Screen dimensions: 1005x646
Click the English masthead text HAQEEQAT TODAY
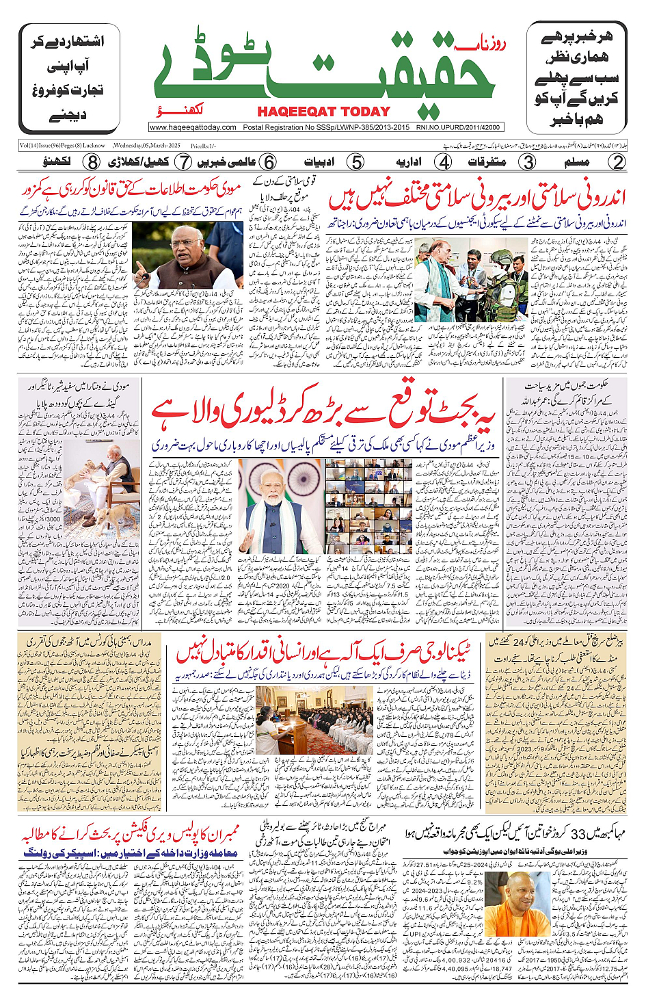(323, 112)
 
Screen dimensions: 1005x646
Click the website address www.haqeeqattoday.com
(193, 127)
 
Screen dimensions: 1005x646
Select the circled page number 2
(617, 162)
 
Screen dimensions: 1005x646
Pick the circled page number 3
(527, 162)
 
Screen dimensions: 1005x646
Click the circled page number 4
(444, 162)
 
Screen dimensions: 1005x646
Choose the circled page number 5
(355, 162)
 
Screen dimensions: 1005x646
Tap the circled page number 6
(269, 162)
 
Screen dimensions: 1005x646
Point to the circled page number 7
(183, 162)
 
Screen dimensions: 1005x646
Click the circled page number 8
(92, 162)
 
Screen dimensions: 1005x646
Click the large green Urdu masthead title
(325, 68)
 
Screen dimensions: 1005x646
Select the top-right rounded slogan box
(576, 78)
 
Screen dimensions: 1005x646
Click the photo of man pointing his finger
(187, 254)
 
